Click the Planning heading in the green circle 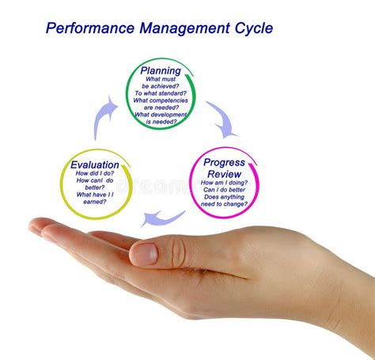pyautogui.click(x=161, y=71)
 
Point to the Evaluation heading pyautogui.click(x=95, y=165)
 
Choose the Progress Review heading pyautogui.click(x=224, y=168)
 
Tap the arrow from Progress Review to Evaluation pyautogui.click(x=165, y=217)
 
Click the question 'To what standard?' pyautogui.click(x=161, y=91)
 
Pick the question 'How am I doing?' pyautogui.click(x=224, y=183)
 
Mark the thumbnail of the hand pyautogui.click(x=143, y=253)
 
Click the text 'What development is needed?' pyautogui.click(x=161, y=119)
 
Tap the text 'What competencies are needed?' pyautogui.click(x=161, y=104)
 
